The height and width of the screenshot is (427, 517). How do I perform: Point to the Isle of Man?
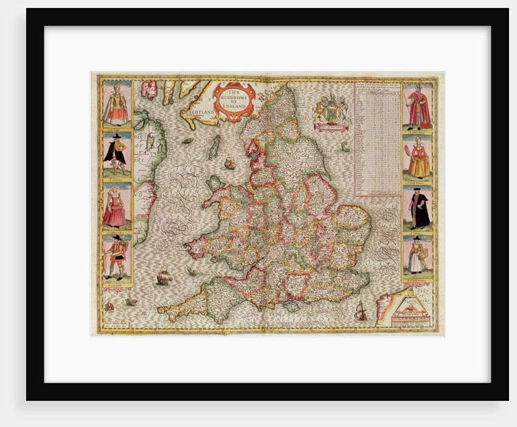[214, 147]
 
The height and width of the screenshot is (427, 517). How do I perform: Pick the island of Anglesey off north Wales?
[214, 182]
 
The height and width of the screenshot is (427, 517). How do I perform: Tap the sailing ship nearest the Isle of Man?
[229, 163]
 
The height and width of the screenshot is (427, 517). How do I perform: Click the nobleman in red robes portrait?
[418, 106]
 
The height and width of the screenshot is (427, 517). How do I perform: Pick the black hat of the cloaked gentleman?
[115, 139]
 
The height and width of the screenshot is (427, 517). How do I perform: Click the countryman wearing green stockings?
[115, 258]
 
